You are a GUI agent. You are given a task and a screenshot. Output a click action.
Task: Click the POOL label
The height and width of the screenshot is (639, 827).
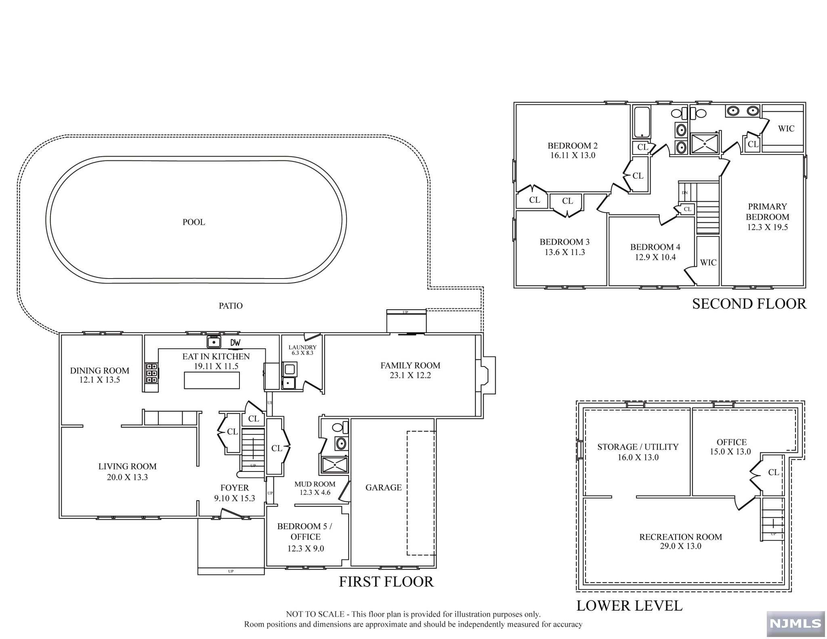194,222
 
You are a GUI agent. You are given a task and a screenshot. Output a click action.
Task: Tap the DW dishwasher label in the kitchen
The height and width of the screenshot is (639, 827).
235,343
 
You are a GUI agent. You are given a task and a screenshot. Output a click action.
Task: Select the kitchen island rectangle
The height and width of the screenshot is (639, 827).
212,380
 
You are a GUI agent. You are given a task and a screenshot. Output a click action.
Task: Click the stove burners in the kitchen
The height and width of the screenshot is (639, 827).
151,373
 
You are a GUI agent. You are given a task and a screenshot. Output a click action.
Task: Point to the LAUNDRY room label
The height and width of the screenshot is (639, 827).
302,347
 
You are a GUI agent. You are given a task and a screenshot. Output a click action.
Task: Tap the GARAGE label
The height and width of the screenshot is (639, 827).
384,487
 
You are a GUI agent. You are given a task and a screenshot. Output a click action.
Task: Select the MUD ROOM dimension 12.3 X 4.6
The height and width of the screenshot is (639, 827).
315,492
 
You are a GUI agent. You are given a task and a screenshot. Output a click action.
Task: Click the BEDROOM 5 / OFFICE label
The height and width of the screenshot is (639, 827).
305,532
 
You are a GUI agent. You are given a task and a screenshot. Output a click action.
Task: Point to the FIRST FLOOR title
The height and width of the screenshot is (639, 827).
386,582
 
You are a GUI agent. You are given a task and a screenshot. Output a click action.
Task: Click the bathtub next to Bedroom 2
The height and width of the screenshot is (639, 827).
641,122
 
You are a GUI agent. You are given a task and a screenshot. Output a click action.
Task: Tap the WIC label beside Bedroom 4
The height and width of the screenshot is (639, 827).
708,262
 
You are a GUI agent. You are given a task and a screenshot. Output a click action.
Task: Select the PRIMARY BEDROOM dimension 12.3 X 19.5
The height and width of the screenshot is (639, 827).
767,227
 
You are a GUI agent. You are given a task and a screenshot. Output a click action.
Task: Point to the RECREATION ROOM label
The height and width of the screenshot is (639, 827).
680,537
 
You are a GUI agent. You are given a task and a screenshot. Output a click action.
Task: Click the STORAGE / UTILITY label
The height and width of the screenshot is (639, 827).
638,447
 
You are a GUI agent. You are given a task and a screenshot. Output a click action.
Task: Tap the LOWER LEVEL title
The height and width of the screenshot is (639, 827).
630,605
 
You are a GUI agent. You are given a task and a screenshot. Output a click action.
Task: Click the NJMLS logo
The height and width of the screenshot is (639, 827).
796,623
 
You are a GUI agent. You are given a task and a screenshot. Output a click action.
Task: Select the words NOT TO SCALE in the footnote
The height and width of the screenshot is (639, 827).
315,614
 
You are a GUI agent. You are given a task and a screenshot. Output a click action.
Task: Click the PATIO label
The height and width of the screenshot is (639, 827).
231,306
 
